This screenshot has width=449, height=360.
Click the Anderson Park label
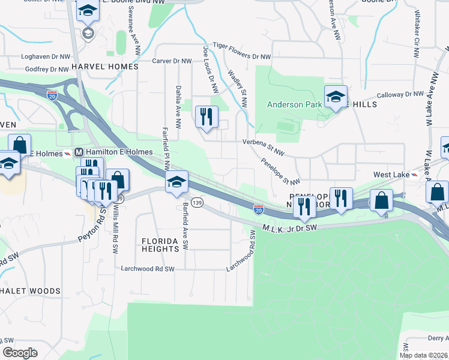[295, 104]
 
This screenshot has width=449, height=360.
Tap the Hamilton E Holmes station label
[104, 152]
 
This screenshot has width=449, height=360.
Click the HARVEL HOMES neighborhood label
[104, 67]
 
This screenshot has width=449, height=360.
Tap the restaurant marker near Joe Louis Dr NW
[206, 116]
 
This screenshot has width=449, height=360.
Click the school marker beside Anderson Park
[336, 97]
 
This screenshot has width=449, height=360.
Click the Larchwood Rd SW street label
[148, 269]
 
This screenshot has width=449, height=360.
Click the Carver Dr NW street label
[172, 61]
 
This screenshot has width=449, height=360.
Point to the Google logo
[20, 353]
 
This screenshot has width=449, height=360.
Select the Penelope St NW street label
[280, 172]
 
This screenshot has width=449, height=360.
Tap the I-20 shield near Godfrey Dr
[52, 94]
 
